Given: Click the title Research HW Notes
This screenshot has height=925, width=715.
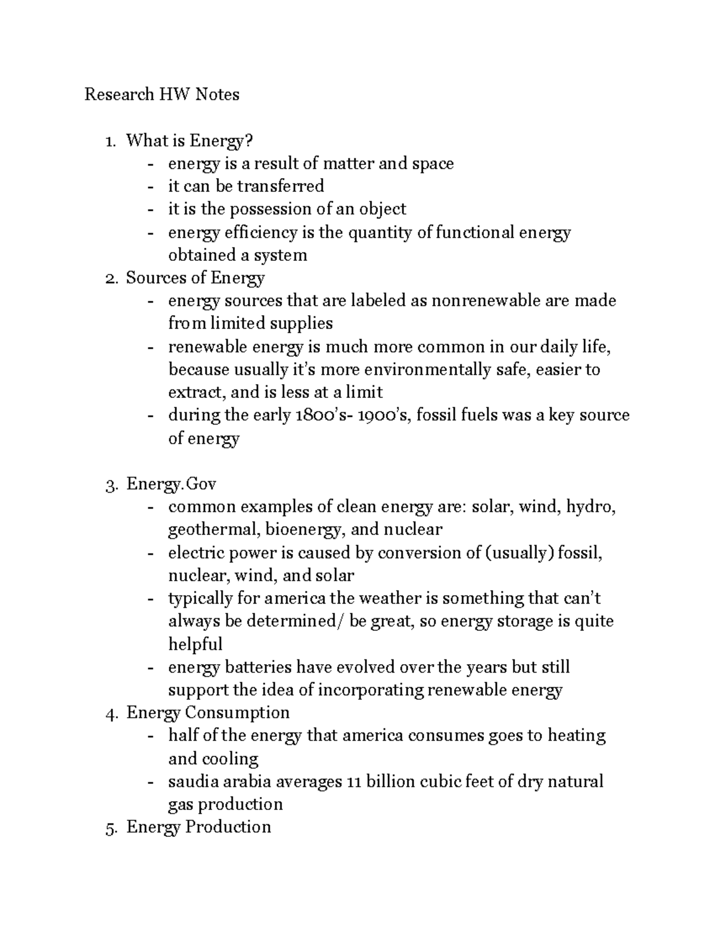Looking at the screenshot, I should pyautogui.click(x=161, y=94).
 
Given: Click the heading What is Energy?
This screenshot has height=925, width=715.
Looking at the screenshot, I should pyautogui.click(x=189, y=141).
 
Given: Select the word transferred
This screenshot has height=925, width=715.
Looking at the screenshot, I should pyautogui.click(x=280, y=186).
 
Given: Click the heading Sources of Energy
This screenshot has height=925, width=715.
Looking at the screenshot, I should pyautogui.click(x=195, y=278).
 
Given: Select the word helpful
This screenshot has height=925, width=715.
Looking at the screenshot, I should pyautogui.click(x=195, y=644).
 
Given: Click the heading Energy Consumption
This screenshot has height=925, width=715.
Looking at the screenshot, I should pyautogui.click(x=207, y=713).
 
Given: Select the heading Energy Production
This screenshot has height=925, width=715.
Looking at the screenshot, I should pyautogui.click(x=198, y=827).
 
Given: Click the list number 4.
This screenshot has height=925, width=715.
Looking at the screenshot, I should pyautogui.click(x=109, y=714).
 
